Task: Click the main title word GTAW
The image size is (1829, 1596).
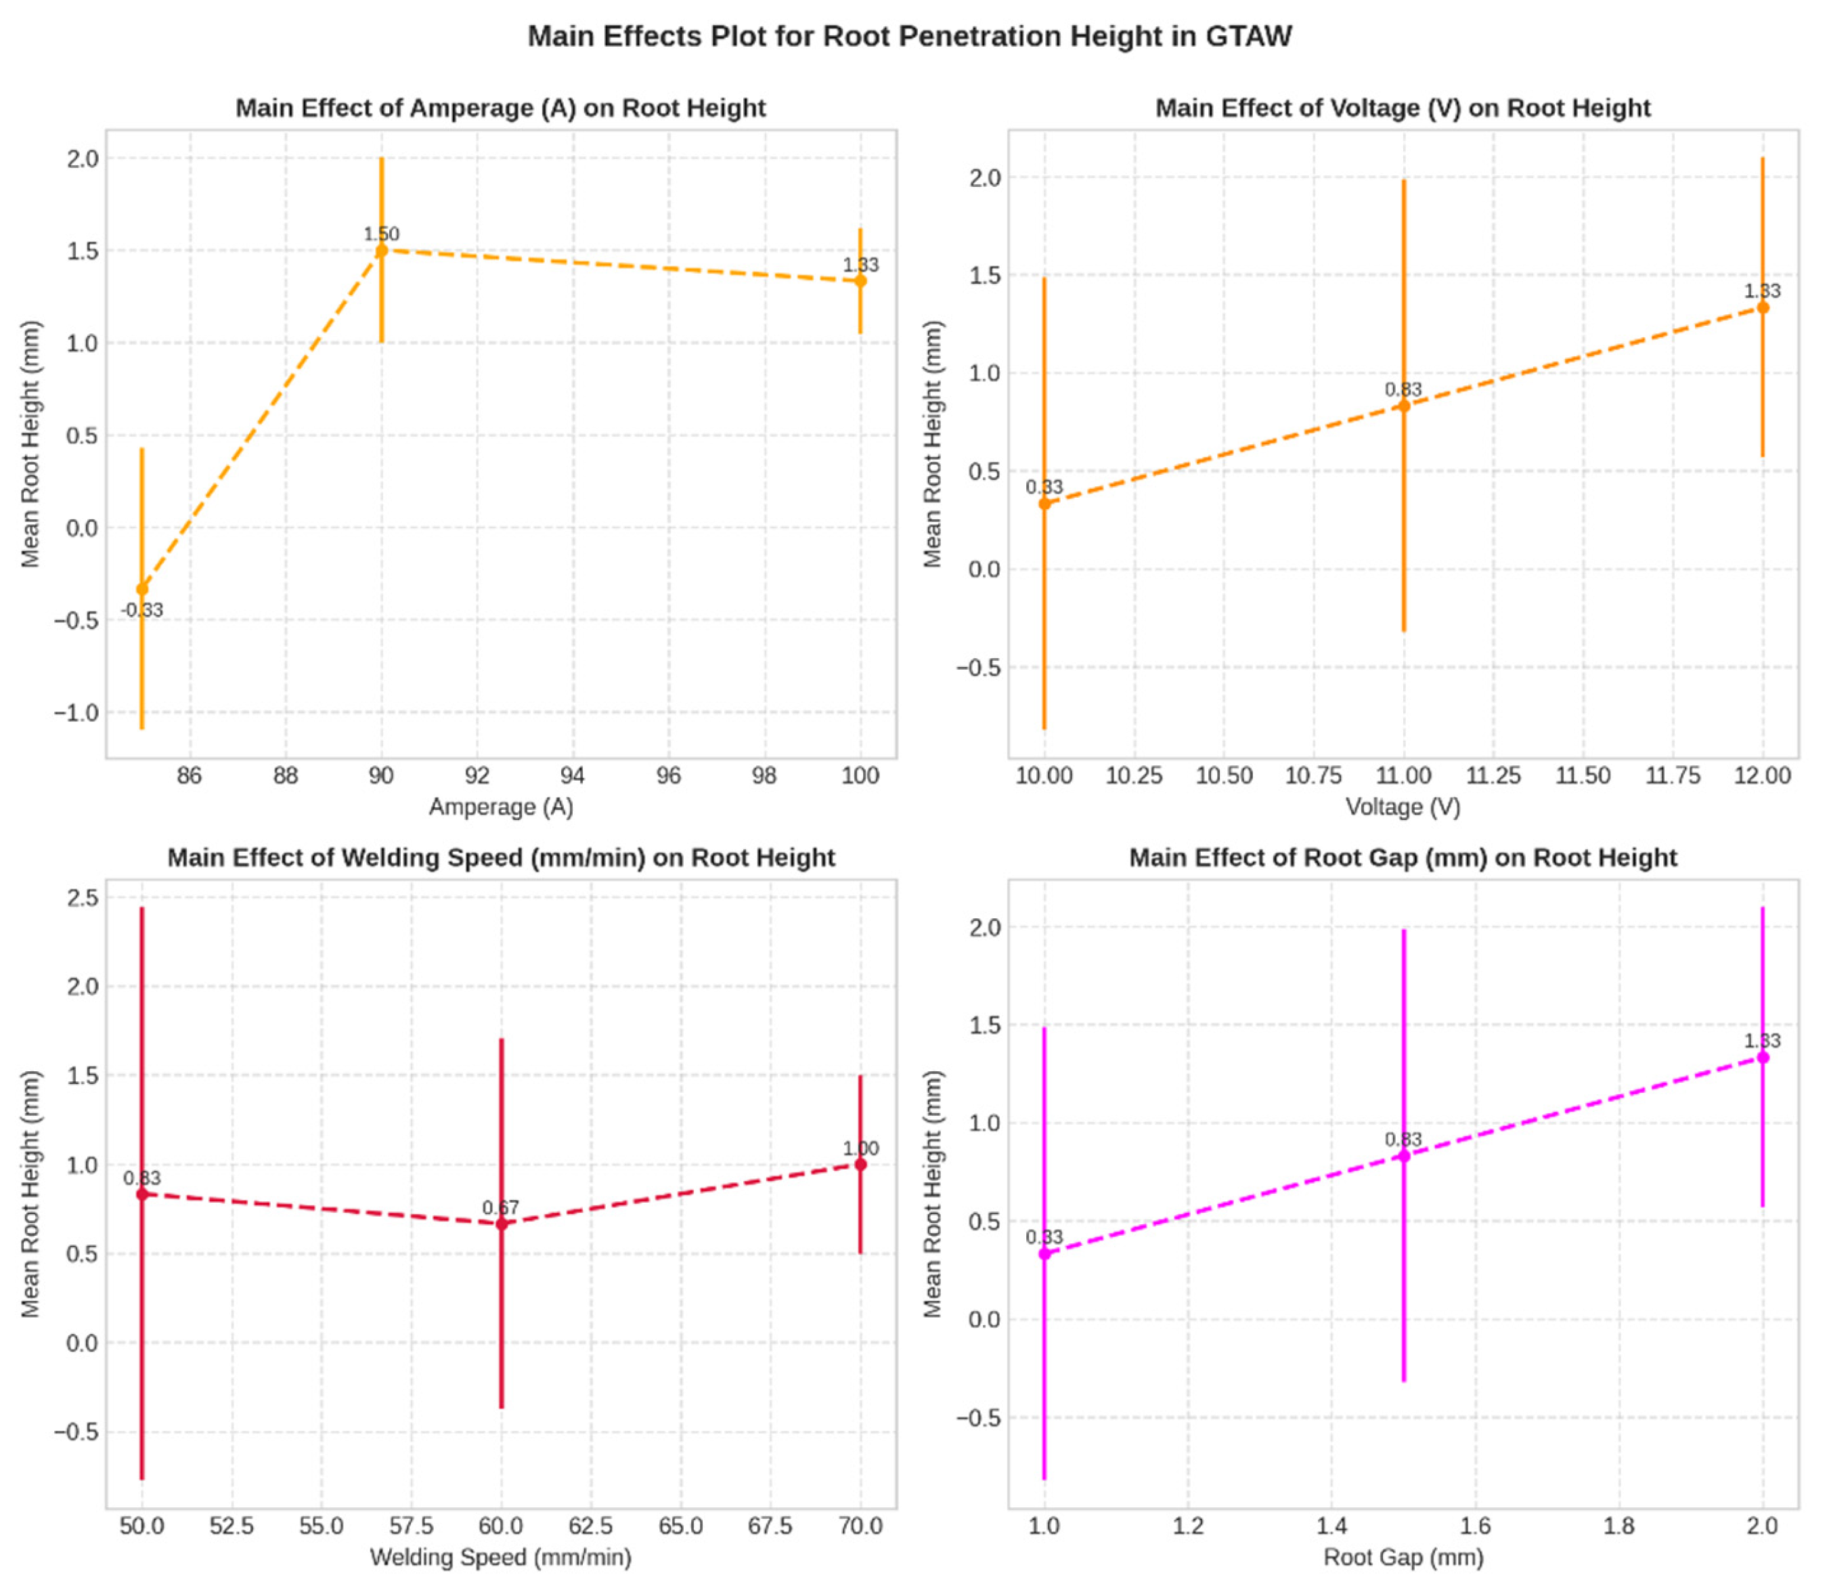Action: (1248, 37)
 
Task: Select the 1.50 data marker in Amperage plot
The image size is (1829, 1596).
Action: (381, 251)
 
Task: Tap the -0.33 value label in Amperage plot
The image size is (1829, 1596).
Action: (142, 611)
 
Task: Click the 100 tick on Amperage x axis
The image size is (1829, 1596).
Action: (860, 776)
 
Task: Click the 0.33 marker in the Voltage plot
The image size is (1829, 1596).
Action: (1044, 504)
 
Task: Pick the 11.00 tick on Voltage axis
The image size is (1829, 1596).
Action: (1403, 776)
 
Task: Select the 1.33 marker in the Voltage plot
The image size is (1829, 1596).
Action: (1762, 308)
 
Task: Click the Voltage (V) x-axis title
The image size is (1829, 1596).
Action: (1403, 807)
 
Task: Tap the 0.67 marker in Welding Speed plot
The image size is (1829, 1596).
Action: (502, 1224)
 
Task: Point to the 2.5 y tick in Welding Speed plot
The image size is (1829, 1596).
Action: (83, 897)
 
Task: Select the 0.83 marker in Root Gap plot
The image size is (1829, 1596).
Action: (1403, 1156)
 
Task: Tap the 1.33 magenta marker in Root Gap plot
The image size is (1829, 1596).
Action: (1762, 1057)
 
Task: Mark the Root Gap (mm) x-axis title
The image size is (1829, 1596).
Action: (1403, 1557)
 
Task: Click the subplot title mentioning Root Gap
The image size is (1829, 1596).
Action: (1403, 858)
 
